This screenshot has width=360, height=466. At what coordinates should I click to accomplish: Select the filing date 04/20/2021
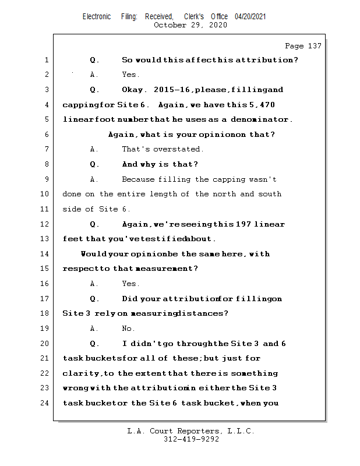[x=250, y=16]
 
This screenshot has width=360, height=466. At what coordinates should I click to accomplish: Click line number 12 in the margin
[x=45, y=224]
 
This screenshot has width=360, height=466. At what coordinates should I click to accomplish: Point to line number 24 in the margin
[x=45, y=403]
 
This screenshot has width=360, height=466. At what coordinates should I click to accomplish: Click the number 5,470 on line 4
[x=262, y=105]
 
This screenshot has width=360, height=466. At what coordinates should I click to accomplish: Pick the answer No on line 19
[x=128, y=329]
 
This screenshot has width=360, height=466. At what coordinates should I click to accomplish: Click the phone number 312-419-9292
[x=191, y=440]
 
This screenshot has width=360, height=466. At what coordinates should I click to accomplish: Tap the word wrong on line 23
[x=75, y=389]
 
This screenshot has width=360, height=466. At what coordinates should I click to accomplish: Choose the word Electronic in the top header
[x=97, y=16]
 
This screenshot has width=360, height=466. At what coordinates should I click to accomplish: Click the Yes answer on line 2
[x=130, y=75]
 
